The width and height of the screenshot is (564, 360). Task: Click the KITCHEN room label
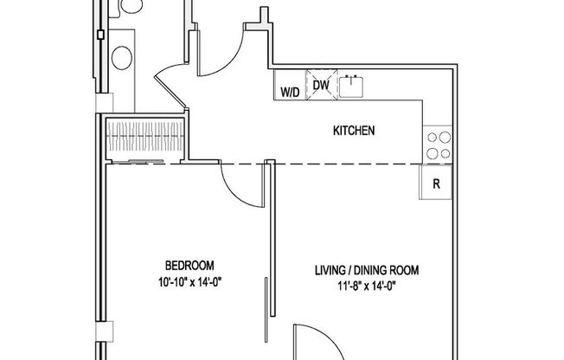click(354, 132)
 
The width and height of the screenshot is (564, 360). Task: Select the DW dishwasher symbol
click(320, 86)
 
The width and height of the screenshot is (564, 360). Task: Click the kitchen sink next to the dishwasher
click(351, 87)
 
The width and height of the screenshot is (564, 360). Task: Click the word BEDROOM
click(189, 266)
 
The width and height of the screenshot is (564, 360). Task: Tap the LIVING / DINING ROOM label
click(366, 271)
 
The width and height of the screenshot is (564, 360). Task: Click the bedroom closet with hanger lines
click(145, 138)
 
